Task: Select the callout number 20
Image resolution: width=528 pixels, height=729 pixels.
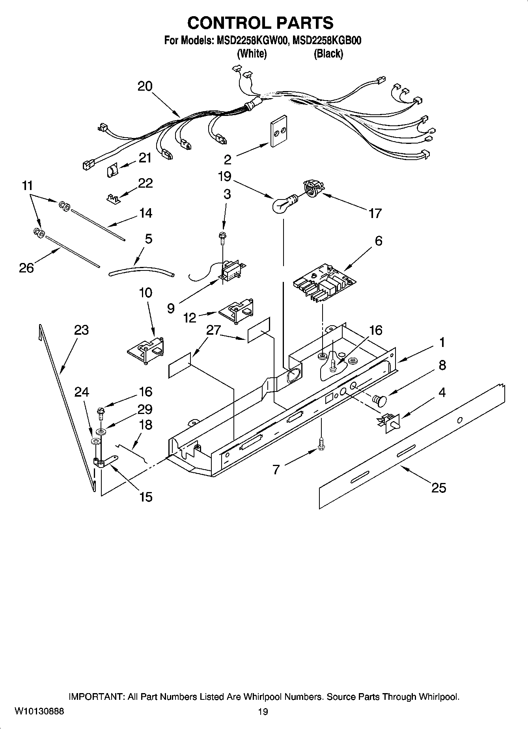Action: (x=145, y=86)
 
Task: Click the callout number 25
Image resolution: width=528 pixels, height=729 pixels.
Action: (x=438, y=488)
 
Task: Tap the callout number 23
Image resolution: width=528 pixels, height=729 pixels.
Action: (x=81, y=330)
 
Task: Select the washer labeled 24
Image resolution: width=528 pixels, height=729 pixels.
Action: (x=95, y=441)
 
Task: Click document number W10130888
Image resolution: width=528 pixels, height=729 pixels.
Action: (x=39, y=711)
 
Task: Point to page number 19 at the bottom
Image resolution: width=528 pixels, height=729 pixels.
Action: (x=263, y=711)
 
